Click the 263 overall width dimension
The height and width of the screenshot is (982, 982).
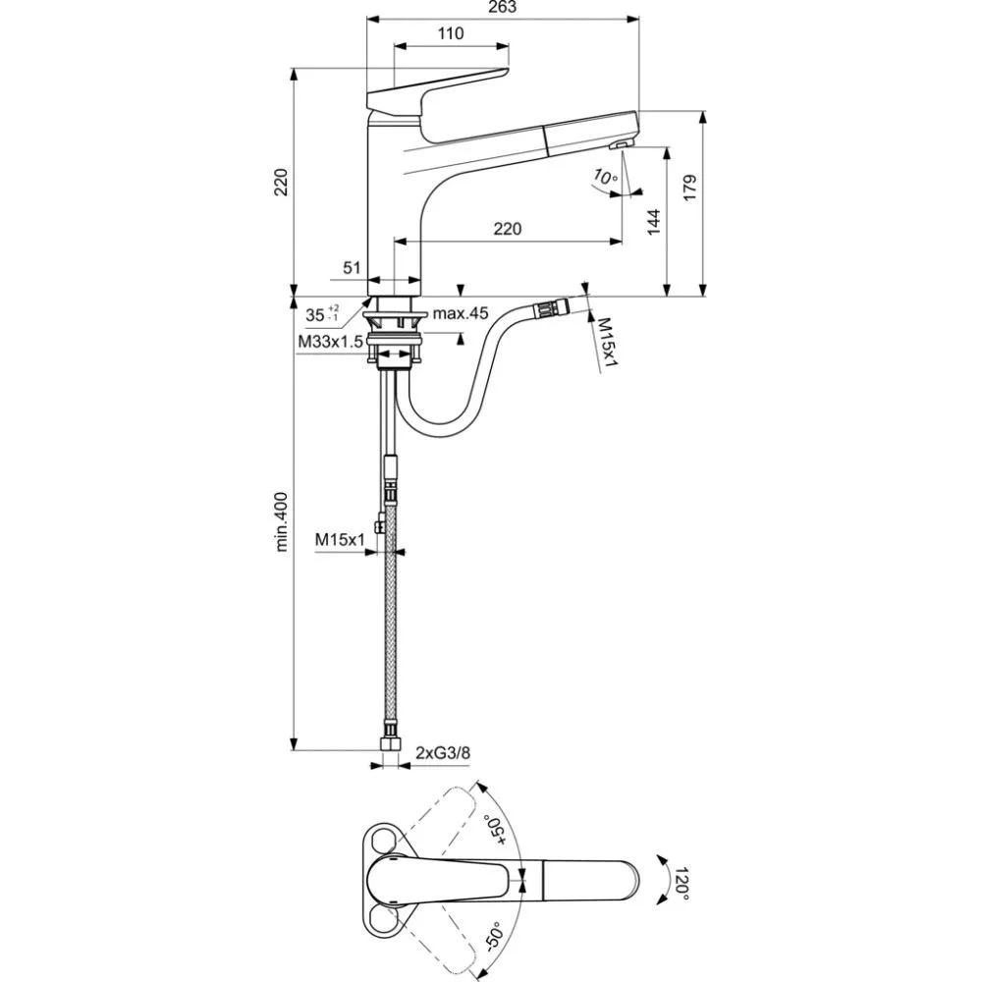[502, 7]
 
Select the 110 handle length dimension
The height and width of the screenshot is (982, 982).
[450, 33]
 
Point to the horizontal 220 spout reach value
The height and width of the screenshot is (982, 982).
[507, 229]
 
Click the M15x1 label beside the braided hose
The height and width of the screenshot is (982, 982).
[340, 539]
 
